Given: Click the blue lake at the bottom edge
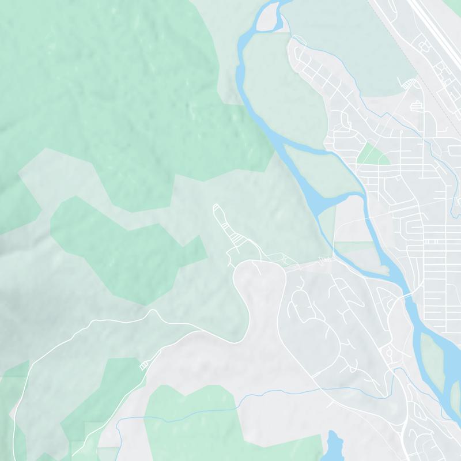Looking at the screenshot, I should pyautogui.click(x=334, y=447).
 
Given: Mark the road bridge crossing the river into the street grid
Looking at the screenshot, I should pyautogui.click(x=407, y=294).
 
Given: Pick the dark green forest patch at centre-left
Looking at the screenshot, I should pyautogui.click(x=115, y=248).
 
